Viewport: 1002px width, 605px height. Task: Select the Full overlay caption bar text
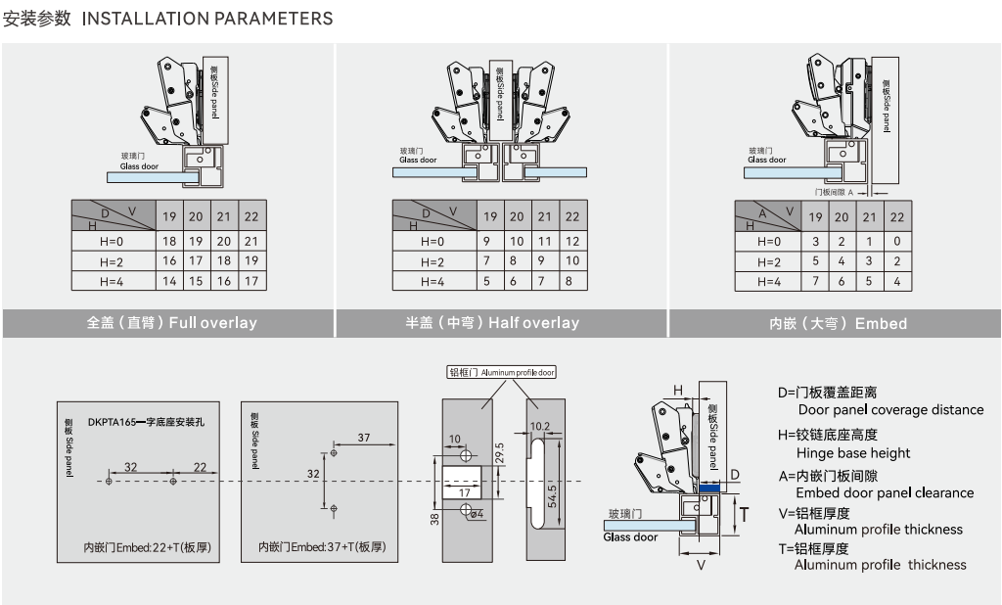(171, 322)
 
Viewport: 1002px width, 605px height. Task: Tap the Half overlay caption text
(492, 322)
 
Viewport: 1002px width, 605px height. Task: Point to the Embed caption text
(838, 323)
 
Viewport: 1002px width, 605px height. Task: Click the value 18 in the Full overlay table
(169, 241)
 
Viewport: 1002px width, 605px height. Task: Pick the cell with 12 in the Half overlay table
(572, 241)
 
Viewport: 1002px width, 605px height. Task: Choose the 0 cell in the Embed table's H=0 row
(896, 241)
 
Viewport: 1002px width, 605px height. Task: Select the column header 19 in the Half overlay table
(490, 216)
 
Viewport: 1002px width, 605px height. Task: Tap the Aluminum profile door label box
(502, 372)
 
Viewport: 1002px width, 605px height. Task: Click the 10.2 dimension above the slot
(539, 426)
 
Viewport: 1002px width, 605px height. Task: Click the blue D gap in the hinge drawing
(710, 487)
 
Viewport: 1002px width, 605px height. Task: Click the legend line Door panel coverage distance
(890, 410)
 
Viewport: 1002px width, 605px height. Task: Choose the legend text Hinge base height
(852, 453)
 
